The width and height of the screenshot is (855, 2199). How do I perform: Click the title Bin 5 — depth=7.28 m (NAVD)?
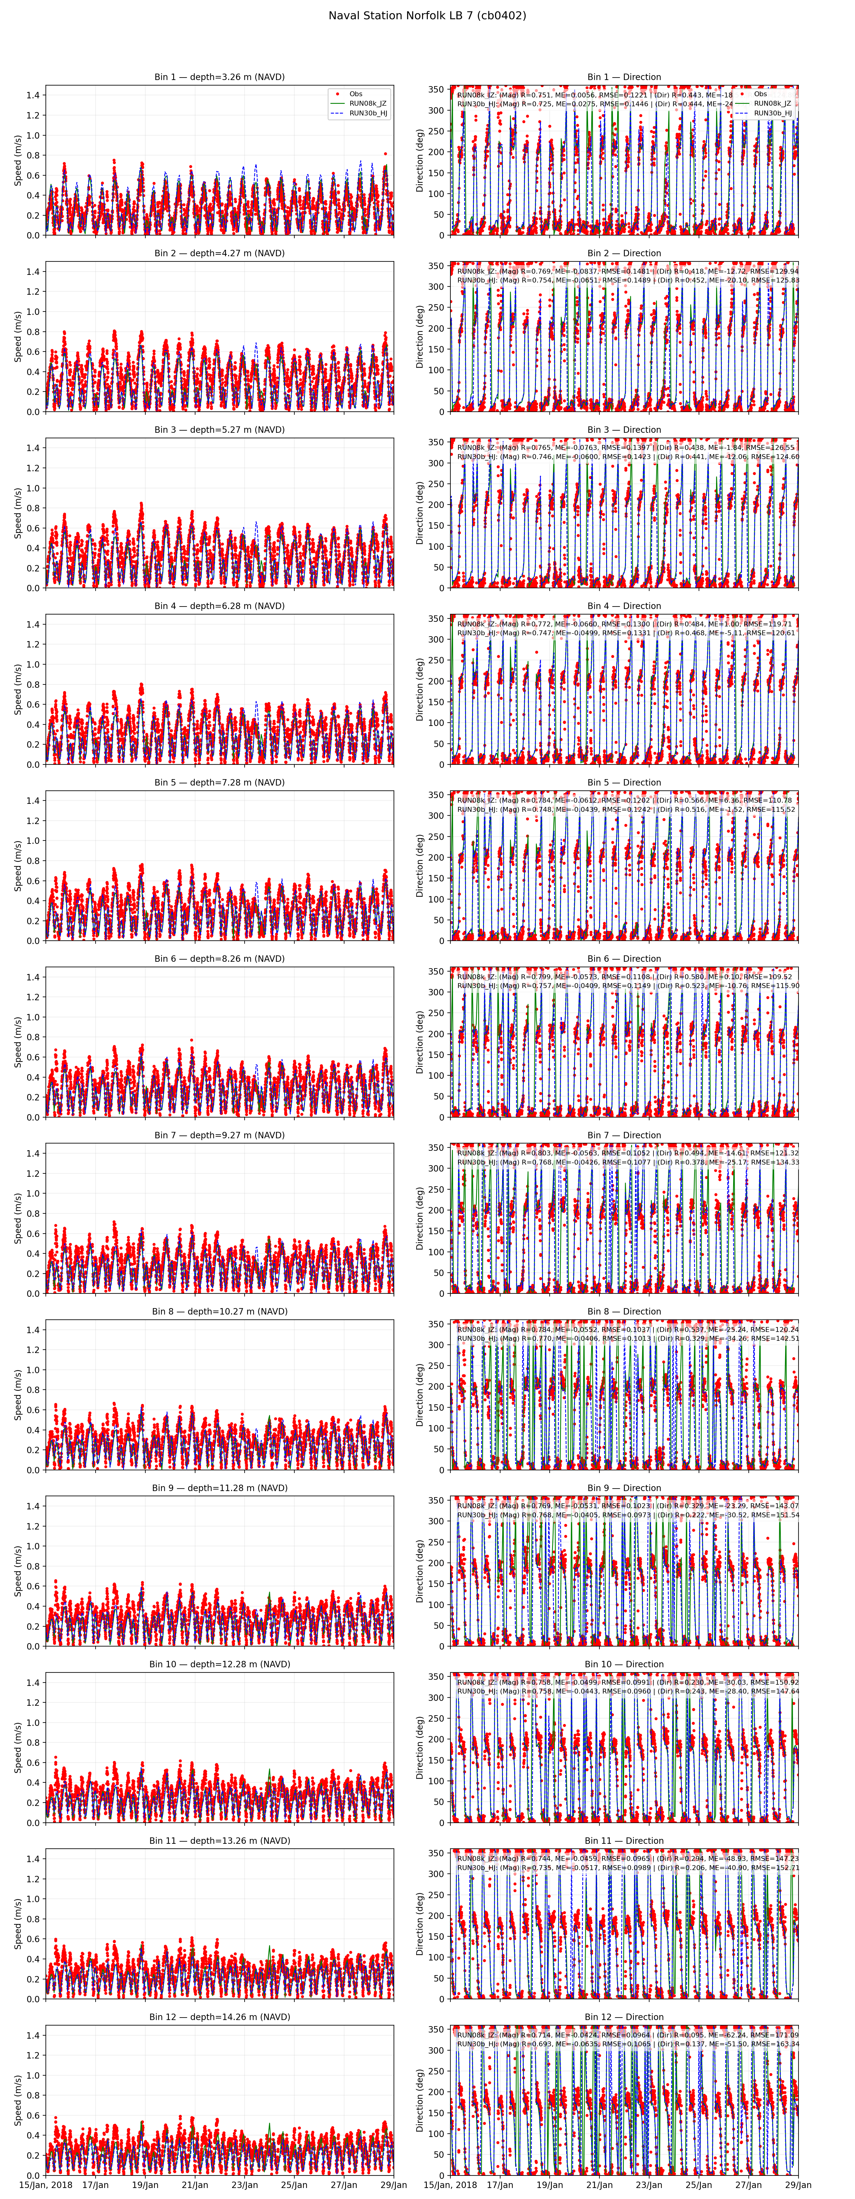[219, 782]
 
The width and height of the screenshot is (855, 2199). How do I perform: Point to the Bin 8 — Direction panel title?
[624, 1311]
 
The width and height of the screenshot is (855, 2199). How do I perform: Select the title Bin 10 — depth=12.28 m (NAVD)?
[219, 1664]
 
